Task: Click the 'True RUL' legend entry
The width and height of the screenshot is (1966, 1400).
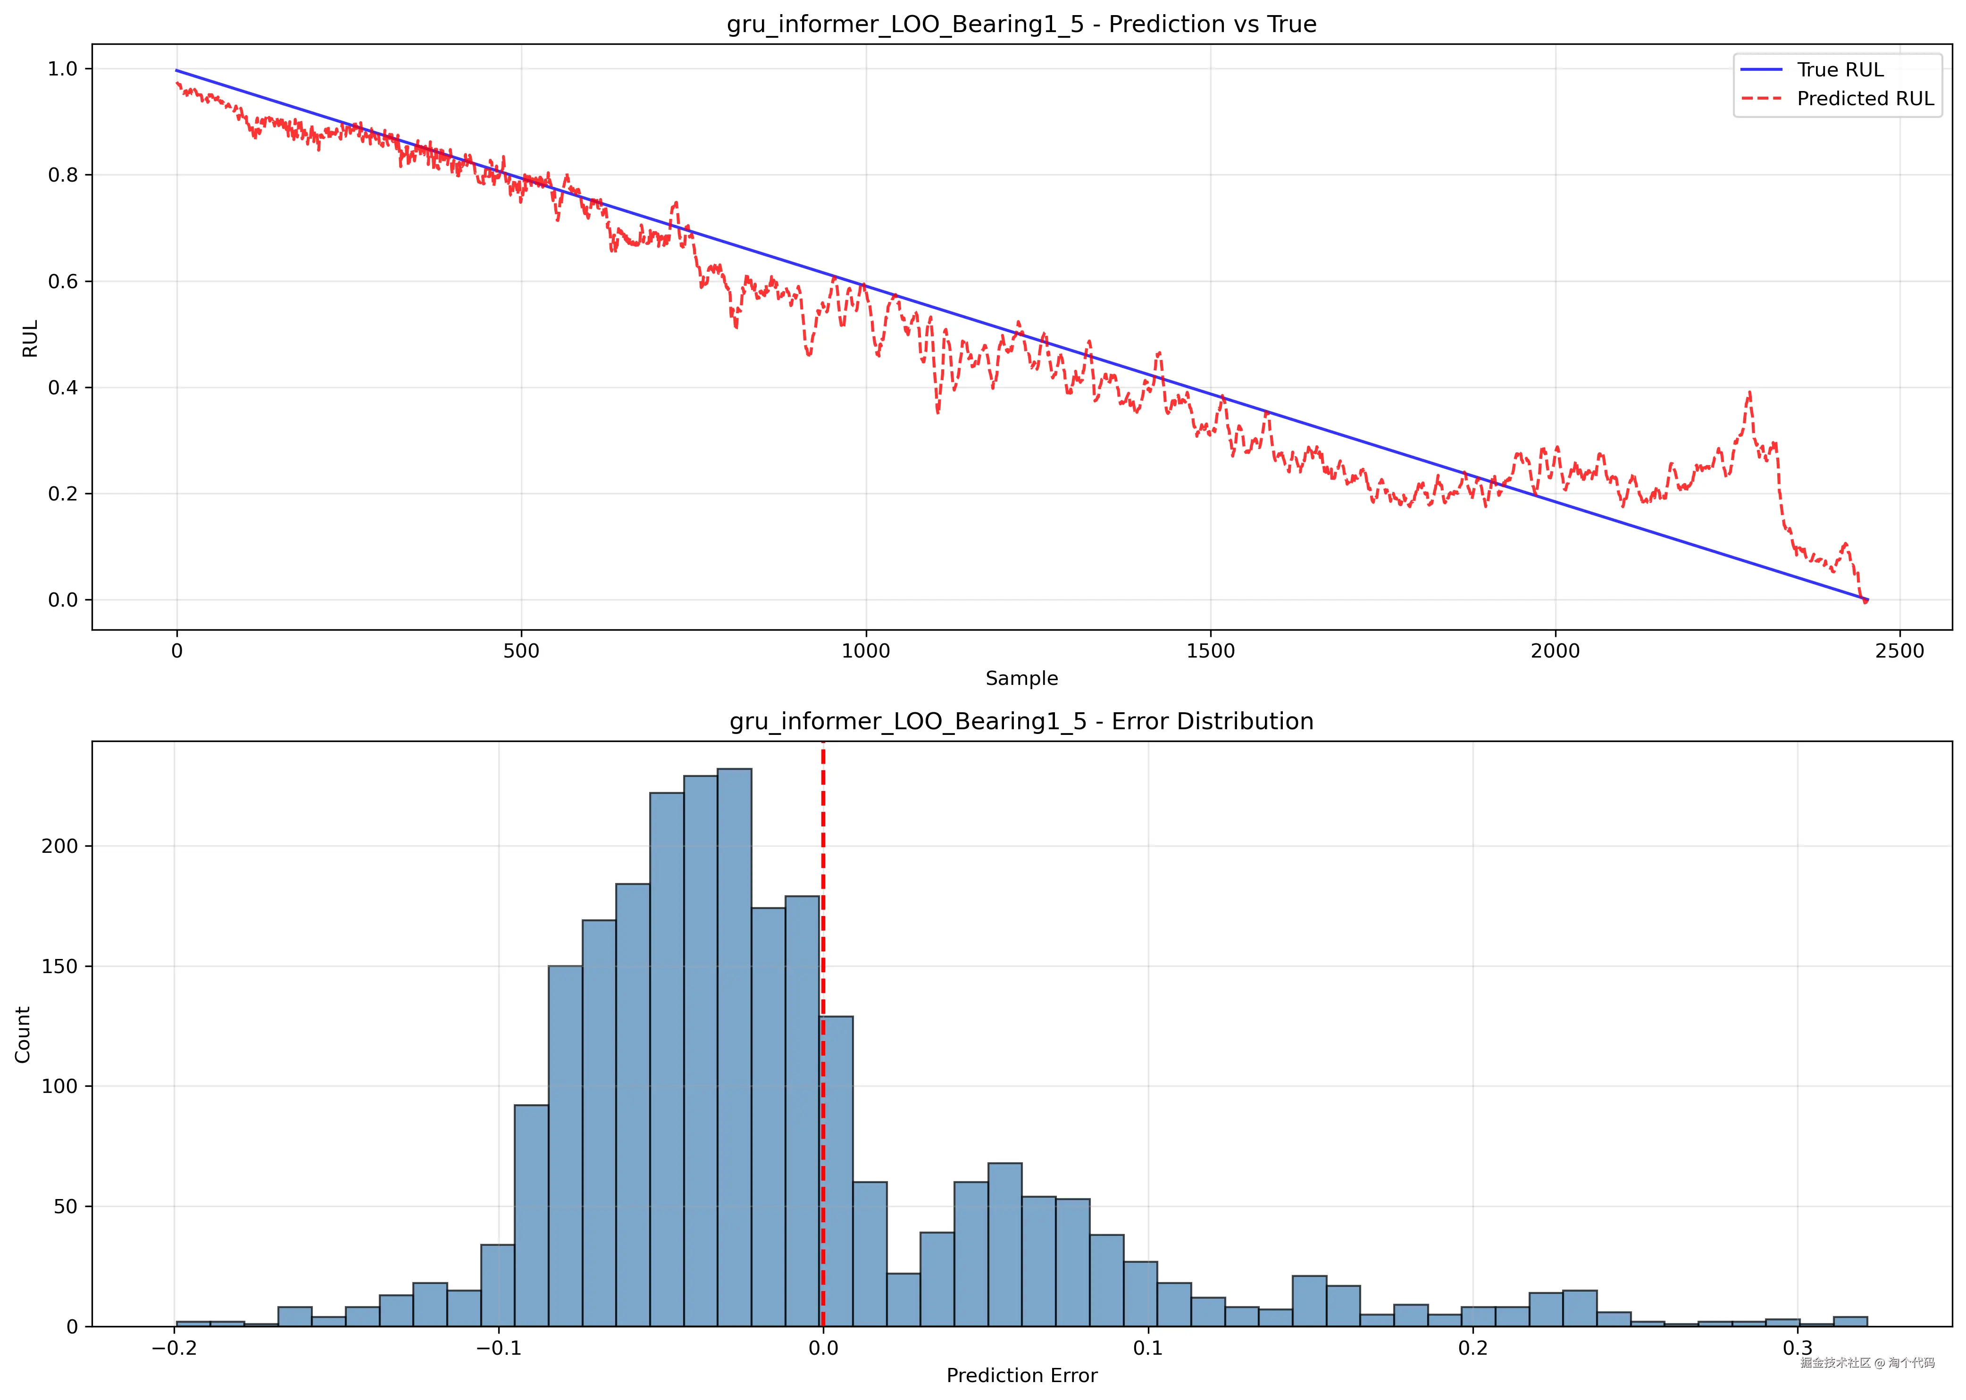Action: (x=1839, y=70)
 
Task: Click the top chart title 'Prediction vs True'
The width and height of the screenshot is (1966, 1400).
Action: (x=1021, y=24)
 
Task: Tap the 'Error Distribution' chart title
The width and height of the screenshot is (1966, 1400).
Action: (x=1021, y=722)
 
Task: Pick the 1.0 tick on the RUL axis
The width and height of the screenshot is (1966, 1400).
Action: (x=63, y=69)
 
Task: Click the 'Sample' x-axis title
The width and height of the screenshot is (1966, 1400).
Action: (x=1021, y=678)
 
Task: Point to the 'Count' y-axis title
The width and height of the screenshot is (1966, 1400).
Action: (x=23, y=1034)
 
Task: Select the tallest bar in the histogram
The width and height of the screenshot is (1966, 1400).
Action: (x=734, y=1048)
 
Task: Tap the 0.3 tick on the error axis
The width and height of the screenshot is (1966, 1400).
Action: (x=1797, y=1348)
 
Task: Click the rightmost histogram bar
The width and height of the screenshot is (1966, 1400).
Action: (x=1849, y=1322)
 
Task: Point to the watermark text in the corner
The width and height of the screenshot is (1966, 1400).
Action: (x=1867, y=1363)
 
